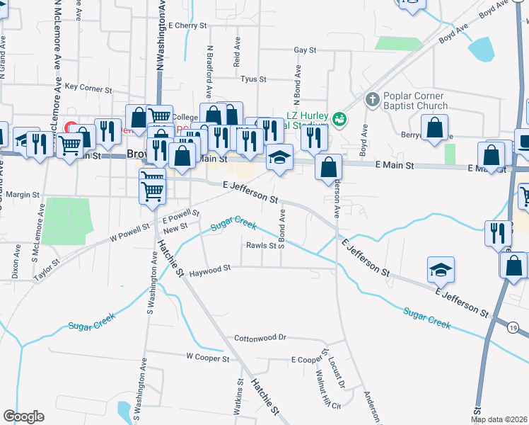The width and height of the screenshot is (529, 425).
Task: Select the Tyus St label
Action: [x=252, y=79]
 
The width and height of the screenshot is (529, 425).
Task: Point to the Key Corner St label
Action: [x=88, y=89]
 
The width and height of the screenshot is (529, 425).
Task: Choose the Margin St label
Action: [x=23, y=194]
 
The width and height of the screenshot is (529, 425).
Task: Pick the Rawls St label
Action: [x=260, y=246]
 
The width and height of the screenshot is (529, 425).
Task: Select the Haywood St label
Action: [x=209, y=269]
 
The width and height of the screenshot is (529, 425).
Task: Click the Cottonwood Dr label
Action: [x=260, y=338]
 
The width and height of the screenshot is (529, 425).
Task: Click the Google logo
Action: [x=23, y=416]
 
